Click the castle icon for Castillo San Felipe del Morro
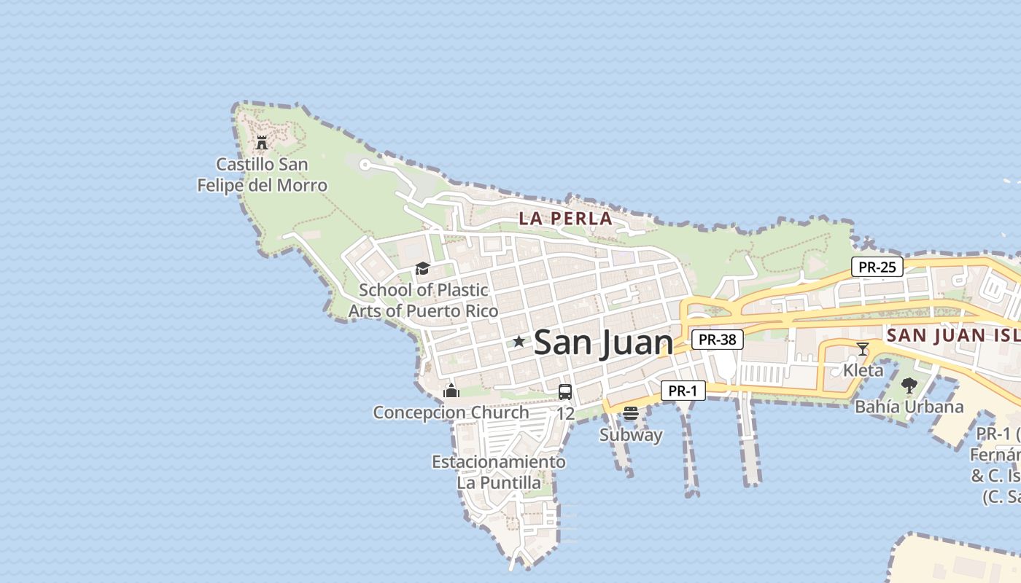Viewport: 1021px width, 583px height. [x=262, y=143]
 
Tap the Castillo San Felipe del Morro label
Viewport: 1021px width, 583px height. [x=263, y=175]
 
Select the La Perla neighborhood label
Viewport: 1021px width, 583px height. [x=565, y=218]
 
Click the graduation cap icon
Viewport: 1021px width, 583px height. [x=422, y=269]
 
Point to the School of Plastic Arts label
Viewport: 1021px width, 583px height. [x=423, y=300]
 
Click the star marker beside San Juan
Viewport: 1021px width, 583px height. [x=519, y=341]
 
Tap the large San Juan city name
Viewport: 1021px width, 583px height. [x=604, y=343]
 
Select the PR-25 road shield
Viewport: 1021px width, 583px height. [x=877, y=267]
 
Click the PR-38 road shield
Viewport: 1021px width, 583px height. [x=717, y=339]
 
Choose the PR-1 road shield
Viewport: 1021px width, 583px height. [x=683, y=391]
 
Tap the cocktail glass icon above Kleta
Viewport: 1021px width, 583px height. [x=863, y=348]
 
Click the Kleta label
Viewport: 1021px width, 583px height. [x=863, y=370]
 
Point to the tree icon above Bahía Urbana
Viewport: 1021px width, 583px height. [x=909, y=385]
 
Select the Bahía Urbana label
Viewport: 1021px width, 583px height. [x=909, y=407]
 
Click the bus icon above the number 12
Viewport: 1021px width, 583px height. [x=565, y=392]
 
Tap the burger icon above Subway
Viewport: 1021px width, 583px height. [x=631, y=413]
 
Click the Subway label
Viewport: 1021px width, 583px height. [x=631, y=435]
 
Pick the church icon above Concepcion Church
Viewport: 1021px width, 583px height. [x=451, y=391]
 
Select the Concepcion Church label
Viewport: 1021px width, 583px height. [x=451, y=412]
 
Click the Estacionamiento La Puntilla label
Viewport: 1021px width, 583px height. [x=499, y=472]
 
